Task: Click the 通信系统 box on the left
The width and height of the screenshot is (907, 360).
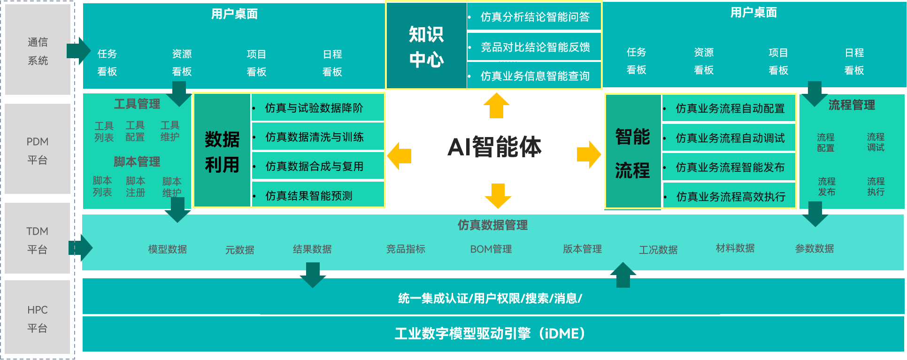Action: click(38, 51)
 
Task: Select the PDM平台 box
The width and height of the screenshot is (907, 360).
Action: click(38, 150)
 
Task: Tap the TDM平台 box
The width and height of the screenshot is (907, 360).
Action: click(38, 240)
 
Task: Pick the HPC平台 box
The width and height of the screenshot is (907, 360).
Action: click(38, 319)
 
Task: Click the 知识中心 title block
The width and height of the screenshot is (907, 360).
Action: click(426, 46)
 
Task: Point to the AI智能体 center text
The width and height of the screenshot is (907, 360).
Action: click(494, 147)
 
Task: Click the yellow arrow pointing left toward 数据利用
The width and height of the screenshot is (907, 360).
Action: click(399, 156)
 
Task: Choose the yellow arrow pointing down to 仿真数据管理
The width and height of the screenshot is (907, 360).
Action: click(498, 196)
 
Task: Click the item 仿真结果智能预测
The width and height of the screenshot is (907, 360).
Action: click(309, 196)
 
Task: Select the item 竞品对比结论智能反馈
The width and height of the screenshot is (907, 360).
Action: click(535, 47)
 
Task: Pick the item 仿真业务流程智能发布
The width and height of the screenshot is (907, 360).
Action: click(730, 167)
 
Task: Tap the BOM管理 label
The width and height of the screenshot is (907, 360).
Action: click(491, 249)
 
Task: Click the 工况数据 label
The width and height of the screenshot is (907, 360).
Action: click(658, 250)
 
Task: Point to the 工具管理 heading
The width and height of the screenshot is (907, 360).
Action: click(137, 104)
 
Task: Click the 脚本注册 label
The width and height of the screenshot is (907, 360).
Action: click(136, 187)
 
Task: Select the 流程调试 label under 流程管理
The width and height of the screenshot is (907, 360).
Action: click(876, 142)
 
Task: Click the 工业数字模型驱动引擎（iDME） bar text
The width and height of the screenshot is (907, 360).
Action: click(490, 334)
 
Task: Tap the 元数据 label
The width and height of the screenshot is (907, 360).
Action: click(240, 250)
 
